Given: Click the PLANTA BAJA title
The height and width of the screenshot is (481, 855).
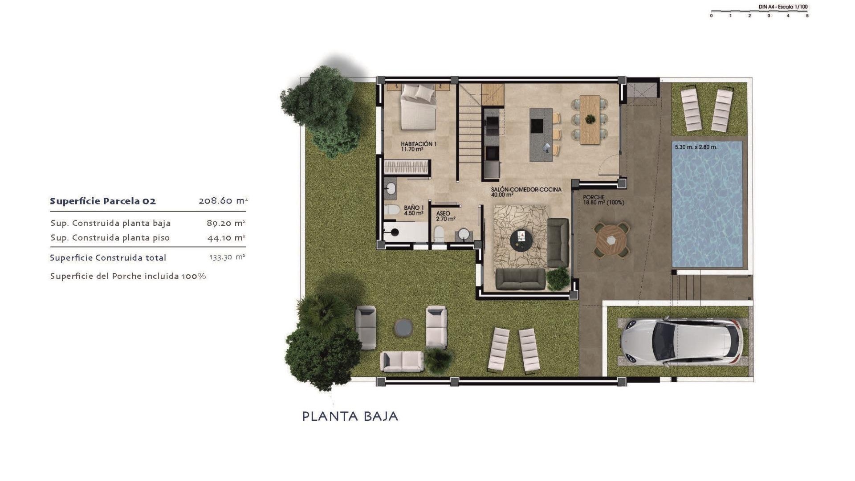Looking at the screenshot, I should [x=350, y=416].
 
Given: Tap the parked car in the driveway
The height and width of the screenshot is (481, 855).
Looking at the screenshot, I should [x=681, y=341].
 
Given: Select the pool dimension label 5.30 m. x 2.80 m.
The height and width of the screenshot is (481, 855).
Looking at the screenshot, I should [x=696, y=147].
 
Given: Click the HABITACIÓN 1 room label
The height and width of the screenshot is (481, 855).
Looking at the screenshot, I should [x=418, y=147].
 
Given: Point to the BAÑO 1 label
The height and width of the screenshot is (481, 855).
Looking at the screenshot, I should [x=414, y=210].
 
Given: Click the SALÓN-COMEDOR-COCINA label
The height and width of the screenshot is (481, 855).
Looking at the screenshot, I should [x=526, y=192].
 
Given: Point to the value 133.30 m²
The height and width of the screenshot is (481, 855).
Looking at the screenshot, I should [x=227, y=257].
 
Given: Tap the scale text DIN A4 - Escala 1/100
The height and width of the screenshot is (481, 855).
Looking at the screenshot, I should [x=783, y=7].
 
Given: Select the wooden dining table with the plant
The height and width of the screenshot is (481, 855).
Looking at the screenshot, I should [x=590, y=119].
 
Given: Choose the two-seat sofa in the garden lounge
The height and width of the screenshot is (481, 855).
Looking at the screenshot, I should [x=402, y=361].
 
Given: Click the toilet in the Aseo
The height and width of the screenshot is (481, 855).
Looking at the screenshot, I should [x=439, y=233].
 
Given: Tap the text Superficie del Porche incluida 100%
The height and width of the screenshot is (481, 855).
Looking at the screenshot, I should [x=128, y=276].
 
